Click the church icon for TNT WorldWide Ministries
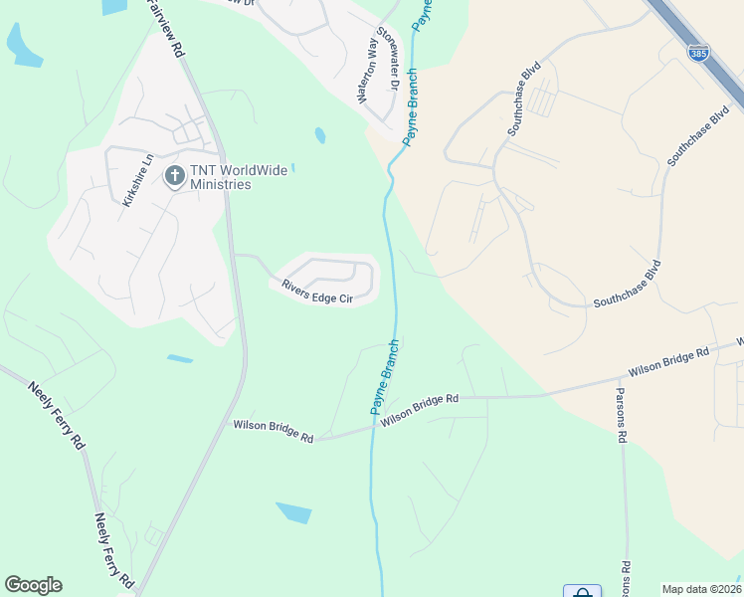point(175,177)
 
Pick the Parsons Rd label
point(622,415)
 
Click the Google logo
point(33,585)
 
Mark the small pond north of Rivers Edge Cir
point(319,134)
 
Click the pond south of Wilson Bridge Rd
point(293,512)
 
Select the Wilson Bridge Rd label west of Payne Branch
point(274,431)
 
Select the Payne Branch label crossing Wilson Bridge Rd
point(385,377)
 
